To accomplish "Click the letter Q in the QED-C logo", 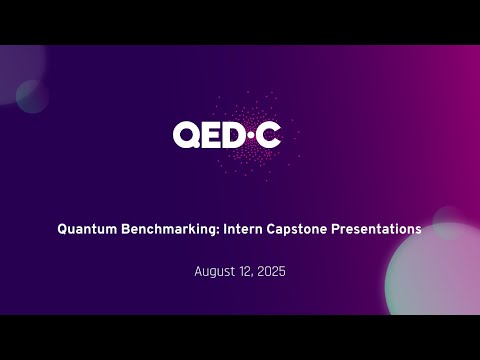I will pyautogui.click(x=188, y=134).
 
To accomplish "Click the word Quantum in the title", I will pyautogui.click(x=87, y=229).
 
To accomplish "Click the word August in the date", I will pyautogui.click(x=216, y=271).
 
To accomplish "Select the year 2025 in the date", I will pyautogui.click(x=272, y=271).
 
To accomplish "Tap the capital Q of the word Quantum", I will pyautogui.click(x=62, y=229).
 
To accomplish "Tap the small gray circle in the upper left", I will pyautogui.click(x=32, y=95).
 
